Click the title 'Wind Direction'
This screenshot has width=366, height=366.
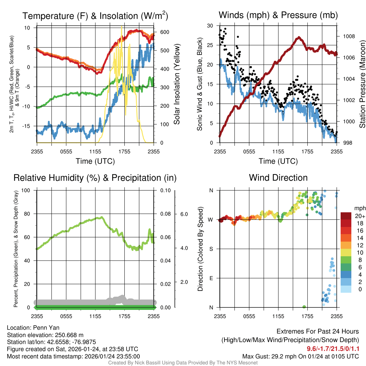pos(278,178)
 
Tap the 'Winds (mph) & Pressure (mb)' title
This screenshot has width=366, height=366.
pos(278,15)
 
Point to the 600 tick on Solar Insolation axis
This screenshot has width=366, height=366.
pos(164,32)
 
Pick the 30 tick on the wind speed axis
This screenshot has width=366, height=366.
pos(211,26)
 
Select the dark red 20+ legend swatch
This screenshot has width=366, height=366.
pos(346,216)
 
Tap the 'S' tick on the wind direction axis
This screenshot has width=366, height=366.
pos(211,249)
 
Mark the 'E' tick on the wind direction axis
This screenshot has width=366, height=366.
pos(211,278)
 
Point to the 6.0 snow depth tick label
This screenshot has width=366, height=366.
pos(184,214)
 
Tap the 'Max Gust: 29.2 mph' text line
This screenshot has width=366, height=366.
pos(300,356)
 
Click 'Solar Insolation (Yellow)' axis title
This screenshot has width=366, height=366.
pos(177,84)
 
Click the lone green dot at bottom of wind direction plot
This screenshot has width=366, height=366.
pos(304,307)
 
